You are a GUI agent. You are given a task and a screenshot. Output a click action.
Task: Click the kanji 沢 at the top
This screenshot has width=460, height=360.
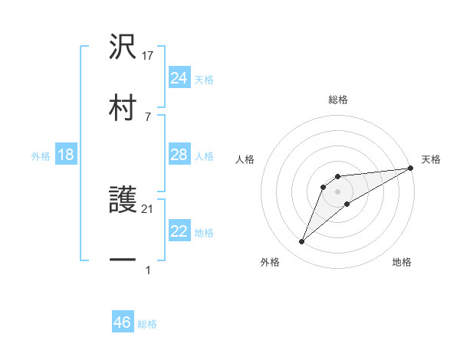tap(123, 47)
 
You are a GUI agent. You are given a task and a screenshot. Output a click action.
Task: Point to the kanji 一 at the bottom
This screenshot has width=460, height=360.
tap(123, 261)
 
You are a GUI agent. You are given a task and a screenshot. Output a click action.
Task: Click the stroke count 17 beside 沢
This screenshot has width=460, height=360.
tap(149, 56)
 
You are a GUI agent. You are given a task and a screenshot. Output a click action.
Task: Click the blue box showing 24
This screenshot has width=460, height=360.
tap(179, 78)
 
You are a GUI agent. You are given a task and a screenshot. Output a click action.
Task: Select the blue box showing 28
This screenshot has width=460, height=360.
tap(179, 155)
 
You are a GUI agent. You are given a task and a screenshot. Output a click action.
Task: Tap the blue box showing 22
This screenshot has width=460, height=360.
tap(179, 231)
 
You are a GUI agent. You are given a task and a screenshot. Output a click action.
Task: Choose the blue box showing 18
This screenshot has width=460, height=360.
tap(66, 155)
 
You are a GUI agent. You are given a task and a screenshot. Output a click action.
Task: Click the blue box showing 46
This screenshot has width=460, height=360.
tap(123, 322)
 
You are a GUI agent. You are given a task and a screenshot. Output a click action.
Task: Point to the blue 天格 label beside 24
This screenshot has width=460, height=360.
tap(204, 80)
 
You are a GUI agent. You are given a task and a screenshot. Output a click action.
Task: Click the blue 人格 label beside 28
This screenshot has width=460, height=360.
tap(204, 156)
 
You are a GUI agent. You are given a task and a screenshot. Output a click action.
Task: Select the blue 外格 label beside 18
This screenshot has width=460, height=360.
tap(41, 156)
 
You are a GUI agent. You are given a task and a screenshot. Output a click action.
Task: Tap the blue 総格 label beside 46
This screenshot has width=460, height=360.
tap(147, 324)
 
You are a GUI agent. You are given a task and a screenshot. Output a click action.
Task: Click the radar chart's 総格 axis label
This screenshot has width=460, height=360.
tap(338, 100)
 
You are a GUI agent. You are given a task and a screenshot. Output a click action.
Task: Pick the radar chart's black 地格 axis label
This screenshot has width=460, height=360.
tap(402, 262)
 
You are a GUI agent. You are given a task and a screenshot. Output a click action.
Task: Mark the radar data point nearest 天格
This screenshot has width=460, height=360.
tap(411, 169)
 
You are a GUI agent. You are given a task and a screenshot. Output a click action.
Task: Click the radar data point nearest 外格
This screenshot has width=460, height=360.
tap(302, 242)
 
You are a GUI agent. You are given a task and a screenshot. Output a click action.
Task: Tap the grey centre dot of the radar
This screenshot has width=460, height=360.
tap(337, 191)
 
